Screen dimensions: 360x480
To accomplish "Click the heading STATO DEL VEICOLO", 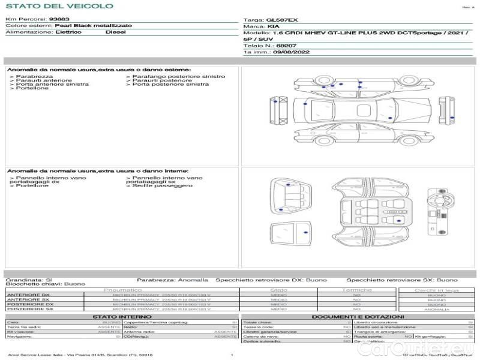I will pyautogui.click(x=59, y=6).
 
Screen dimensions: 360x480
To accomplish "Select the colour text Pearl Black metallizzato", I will pyautogui.click(x=93, y=26).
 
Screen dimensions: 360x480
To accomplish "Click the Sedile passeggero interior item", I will pyautogui.click(x=161, y=185).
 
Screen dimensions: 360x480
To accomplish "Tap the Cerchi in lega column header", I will pyautogui.click(x=436, y=290).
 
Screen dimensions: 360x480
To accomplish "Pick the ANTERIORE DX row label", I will pyautogui.click(x=28, y=295).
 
